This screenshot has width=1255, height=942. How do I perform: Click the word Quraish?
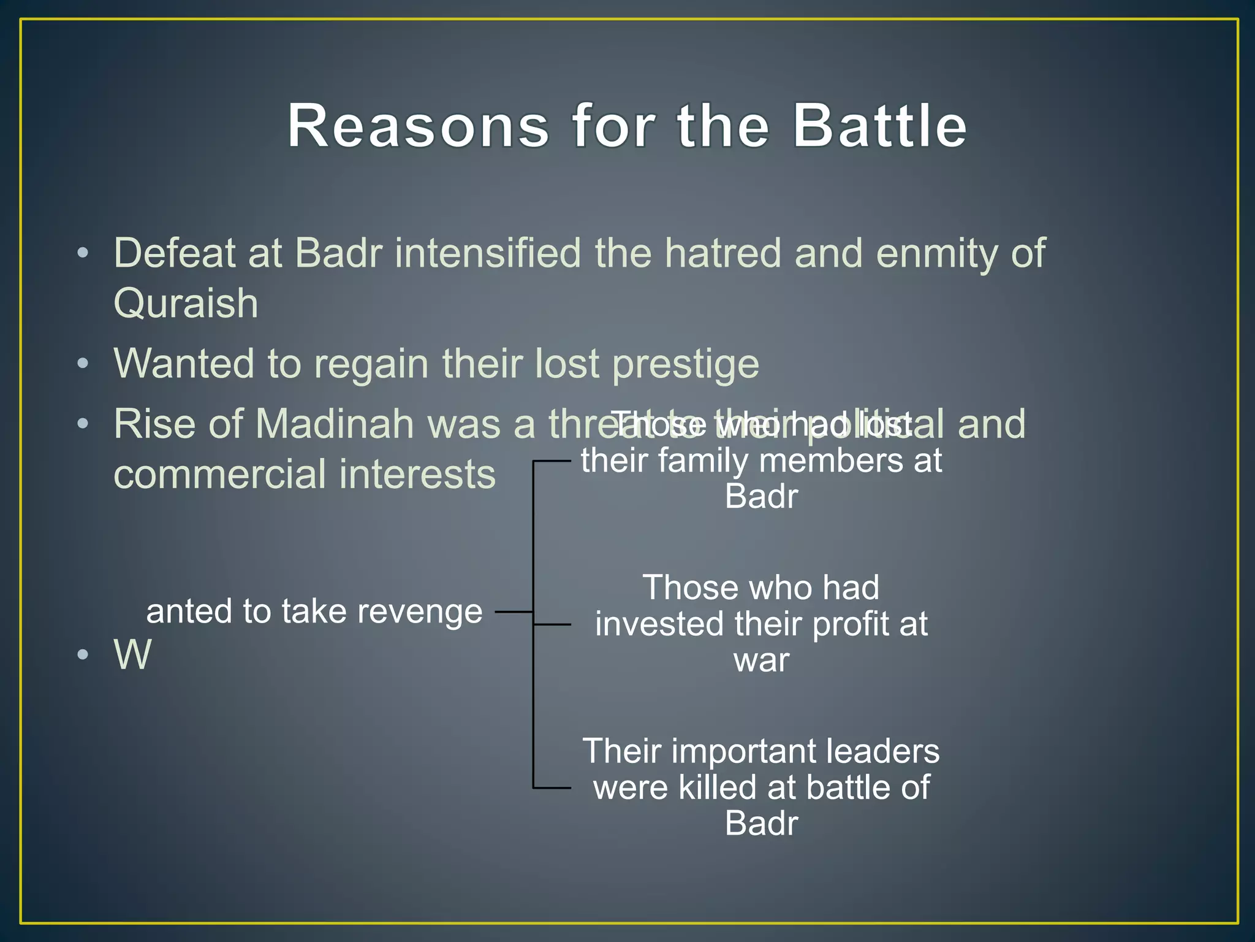(186, 304)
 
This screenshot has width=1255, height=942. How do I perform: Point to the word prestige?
(686, 364)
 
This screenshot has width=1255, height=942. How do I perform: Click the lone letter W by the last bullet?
(132, 654)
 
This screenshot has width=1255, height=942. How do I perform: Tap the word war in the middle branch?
(761, 660)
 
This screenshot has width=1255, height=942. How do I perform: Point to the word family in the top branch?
(703, 461)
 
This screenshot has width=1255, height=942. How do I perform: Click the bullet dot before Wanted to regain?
(83, 364)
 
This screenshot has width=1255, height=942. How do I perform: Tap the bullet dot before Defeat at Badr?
(83, 253)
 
